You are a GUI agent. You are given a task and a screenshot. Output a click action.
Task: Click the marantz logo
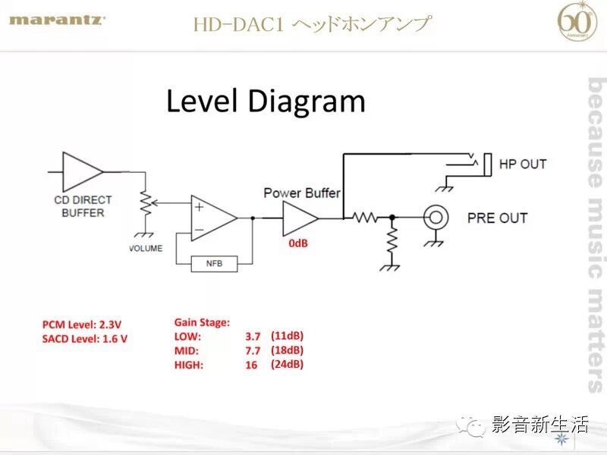click(x=57, y=20)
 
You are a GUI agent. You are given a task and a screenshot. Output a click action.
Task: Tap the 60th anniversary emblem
click(x=577, y=22)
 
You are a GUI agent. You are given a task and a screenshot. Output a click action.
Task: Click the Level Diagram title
click(x=266, y=101)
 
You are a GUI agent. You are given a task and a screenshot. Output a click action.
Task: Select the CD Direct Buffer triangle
click(x=82, y=171)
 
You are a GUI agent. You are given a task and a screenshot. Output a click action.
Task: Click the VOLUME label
click(x=146, y=249)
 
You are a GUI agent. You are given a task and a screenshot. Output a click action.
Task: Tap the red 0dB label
click(x=299, y=244)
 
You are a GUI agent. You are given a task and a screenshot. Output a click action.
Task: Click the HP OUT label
click(x=522, y=164)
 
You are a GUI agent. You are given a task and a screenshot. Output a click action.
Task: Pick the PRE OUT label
click(x=497, y=218)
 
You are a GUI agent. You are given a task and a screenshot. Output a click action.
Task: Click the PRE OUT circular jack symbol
click(x=436, y=218)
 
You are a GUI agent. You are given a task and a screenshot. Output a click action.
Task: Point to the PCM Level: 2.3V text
click(x=82, y=325)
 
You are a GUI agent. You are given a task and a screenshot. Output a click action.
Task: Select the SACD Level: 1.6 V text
click(x=85, y=338)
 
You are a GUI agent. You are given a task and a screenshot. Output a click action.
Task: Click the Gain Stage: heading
click(x=202, y=322)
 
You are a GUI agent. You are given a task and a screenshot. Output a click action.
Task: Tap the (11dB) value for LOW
click(x=287, y=335)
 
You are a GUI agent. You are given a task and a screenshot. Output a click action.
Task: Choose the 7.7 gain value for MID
click(x=253, y=350)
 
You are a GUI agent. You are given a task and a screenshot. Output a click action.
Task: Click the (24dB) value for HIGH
click(x=287, y=364)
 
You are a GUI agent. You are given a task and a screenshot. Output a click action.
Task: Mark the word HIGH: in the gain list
click(x=190, y=365)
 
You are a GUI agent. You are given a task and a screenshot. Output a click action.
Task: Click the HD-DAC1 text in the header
click(x=237, y=24)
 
